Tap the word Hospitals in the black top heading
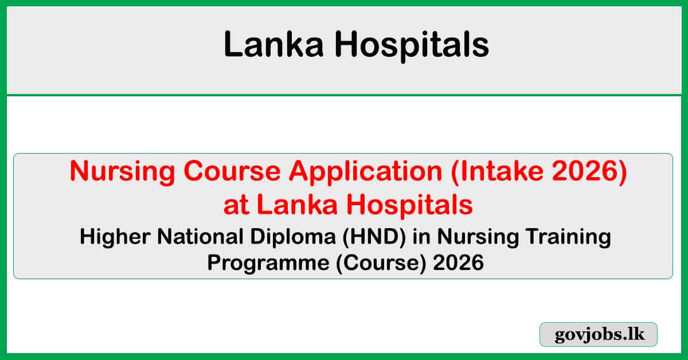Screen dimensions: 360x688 coord(413,45)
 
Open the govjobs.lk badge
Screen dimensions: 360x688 coord(599,335)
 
